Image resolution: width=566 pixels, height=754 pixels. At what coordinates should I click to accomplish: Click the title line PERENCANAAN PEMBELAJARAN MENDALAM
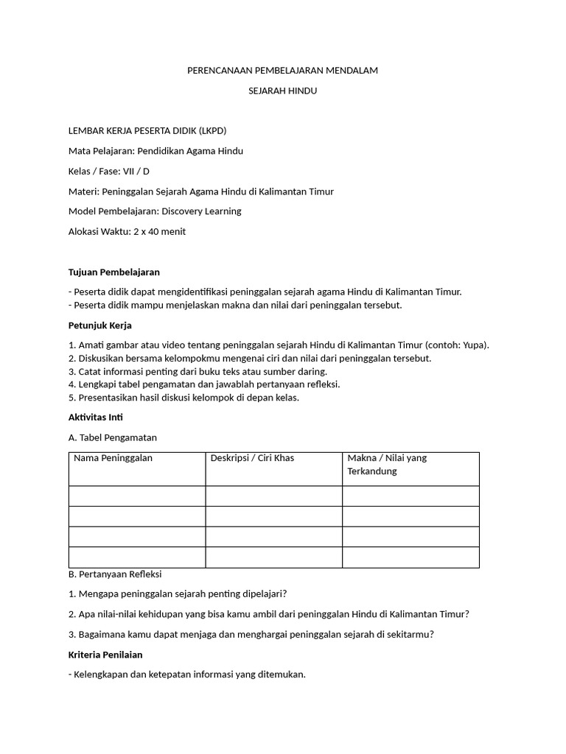(282, 71)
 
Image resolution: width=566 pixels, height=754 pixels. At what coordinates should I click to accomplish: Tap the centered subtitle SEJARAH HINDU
(282, 91)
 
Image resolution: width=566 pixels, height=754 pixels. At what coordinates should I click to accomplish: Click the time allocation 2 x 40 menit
(159, 231)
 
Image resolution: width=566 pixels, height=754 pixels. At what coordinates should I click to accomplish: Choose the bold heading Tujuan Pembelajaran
(113, 272)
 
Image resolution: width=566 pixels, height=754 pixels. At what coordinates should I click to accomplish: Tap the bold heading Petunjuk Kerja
(99, 325)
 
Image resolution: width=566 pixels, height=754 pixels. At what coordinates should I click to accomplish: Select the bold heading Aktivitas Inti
(95, 417)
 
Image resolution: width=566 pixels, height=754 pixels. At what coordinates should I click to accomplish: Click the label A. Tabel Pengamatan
(112, 437)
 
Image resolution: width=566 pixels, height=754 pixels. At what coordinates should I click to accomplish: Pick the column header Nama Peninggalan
(113, 458)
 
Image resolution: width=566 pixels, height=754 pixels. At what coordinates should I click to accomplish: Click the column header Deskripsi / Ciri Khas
(252, 458)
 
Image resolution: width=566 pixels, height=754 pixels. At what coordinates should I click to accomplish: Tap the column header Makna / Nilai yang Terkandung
(387, 465)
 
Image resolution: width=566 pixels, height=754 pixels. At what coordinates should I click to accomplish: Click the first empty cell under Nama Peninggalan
(136, 496)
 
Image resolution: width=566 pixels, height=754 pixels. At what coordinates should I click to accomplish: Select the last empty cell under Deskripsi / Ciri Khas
(273, 557)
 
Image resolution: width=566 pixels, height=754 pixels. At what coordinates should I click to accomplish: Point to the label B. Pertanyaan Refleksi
(114, 574)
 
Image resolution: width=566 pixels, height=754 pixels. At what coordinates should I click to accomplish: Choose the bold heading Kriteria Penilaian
(105, 655)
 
